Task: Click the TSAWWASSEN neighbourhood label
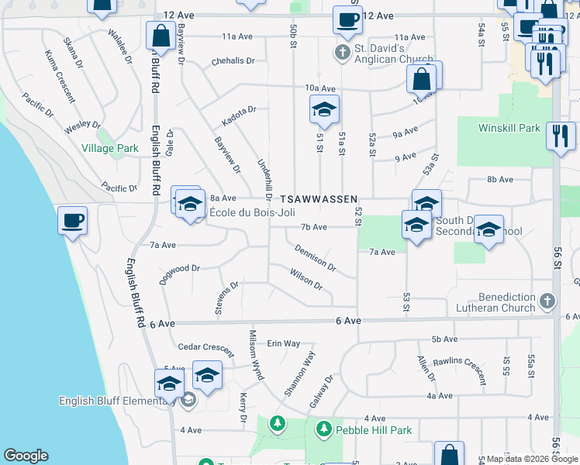click(319, 199)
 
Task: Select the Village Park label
click(110, 148)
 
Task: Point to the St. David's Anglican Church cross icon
click(341, 53)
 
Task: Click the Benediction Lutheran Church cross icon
click(547, 301)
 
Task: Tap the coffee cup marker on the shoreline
click(73, 221)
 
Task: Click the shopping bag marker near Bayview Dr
click(161, 35)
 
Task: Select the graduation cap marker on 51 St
click(324, 110)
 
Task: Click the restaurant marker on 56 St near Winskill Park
click(560, 136)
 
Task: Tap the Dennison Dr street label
click(315, 258)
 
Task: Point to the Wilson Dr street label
click(306, 279)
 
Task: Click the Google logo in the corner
click(26, 456)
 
